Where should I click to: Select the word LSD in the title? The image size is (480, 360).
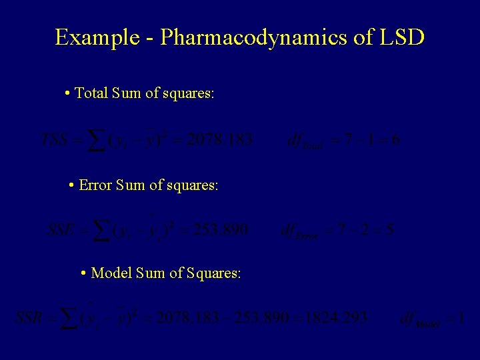coord(403,37)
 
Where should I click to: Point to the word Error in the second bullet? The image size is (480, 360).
coord(95,185)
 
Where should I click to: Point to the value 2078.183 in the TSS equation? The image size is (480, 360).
coord(220,140)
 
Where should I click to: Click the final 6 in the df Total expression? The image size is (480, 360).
coord(397,140)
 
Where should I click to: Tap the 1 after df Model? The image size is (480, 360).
coord(461,319)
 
